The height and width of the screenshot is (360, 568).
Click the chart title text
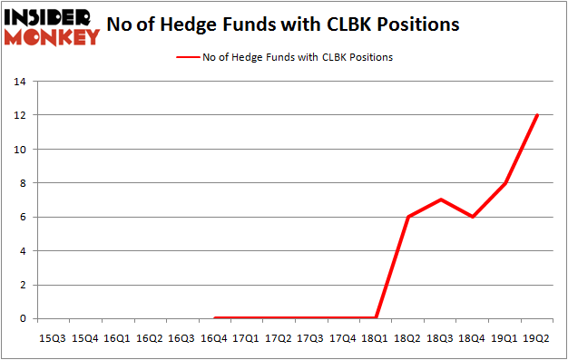[283, 24]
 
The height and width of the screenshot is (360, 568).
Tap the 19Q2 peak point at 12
[538, 115]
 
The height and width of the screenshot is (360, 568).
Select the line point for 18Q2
[408, 217]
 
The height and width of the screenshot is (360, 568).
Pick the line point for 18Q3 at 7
[441, 199]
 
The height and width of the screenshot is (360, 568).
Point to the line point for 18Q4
[474, 217]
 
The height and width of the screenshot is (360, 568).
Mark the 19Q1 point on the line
[505, 183]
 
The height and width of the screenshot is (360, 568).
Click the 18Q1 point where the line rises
[376, 317]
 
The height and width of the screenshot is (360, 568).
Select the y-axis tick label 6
[21, 217]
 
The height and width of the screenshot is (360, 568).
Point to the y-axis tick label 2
[21, 285]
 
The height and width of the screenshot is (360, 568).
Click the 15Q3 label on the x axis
[52, 337]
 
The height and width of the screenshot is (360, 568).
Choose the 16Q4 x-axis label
[213, 337]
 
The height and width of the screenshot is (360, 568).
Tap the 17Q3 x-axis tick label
[310, 337]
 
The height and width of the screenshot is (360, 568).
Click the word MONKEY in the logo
[53, 37]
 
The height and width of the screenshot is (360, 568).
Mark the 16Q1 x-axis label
[116, 337]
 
